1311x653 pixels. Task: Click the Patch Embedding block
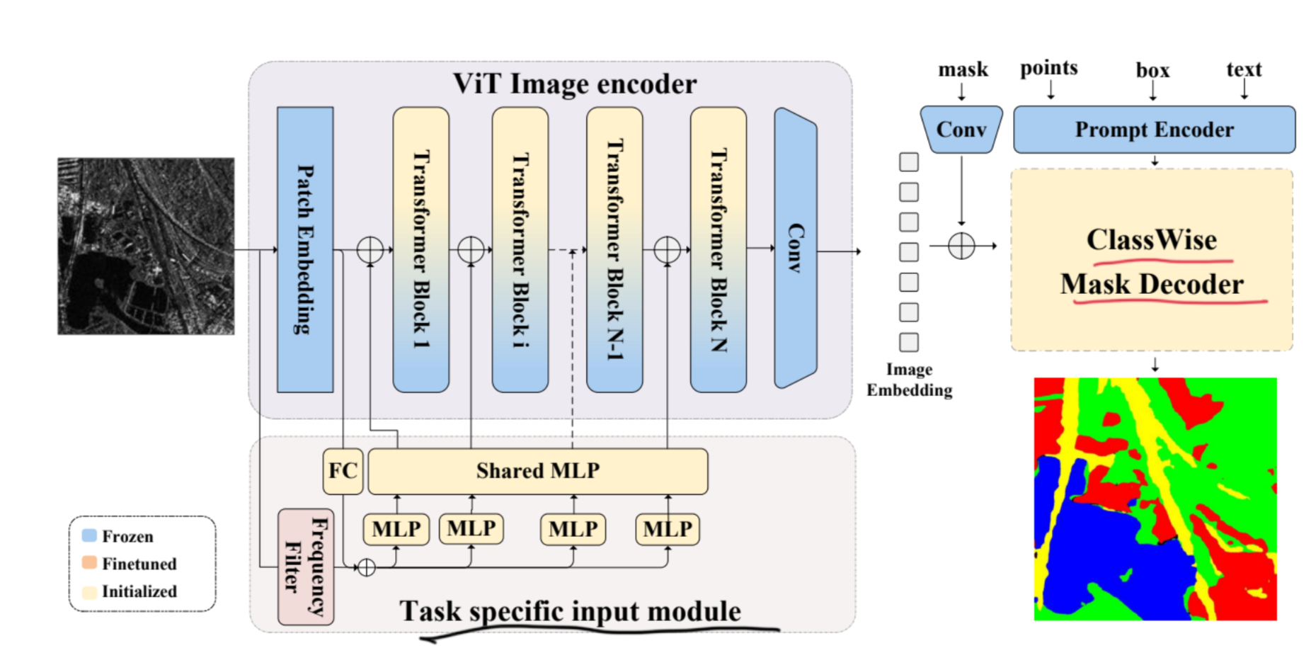click(305, 249)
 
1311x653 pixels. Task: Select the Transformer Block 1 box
click(421, 249)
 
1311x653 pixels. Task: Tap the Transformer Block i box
click(520, 249)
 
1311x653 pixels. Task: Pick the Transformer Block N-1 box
click(614, 249)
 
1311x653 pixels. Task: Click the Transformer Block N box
click(719, 249)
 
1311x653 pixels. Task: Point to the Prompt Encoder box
click(1154, 130)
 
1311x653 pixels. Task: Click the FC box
click(343, 471)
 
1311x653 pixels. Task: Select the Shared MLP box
click(538, 471)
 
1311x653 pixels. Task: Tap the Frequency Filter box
click(306, 567)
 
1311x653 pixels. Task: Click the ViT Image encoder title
click(574, 84)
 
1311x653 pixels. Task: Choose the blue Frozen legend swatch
click(89, 535)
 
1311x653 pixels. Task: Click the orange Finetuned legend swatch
click(89, 563)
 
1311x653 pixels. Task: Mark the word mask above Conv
click(963, 69)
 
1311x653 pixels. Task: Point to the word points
click(1048, 68)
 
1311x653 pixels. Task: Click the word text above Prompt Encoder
click(1244, 69)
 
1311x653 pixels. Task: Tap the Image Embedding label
click(910, 380)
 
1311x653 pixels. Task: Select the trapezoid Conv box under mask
click(961, 130)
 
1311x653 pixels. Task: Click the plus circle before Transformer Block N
click(667, 249)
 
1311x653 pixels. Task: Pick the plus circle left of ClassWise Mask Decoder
click(961, 246)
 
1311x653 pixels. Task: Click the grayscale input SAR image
click(146, 246)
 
